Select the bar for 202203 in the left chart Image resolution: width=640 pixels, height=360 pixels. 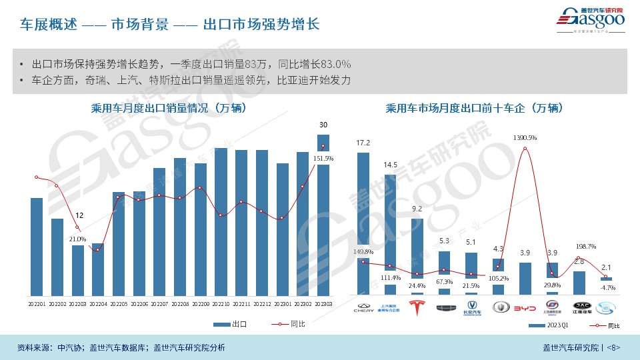point(78,271)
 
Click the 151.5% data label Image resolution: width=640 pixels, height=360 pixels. point(323,158)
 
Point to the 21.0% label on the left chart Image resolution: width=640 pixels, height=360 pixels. point(77,239)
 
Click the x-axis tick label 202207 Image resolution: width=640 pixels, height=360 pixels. point(159,304)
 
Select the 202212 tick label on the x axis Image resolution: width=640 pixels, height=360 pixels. point(261,304)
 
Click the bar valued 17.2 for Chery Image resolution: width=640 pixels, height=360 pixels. point(363,223)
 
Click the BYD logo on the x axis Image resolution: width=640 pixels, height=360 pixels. point(525,307)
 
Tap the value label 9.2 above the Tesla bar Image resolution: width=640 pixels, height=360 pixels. point(417,209)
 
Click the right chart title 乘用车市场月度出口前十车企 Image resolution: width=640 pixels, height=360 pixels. point(483,107)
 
